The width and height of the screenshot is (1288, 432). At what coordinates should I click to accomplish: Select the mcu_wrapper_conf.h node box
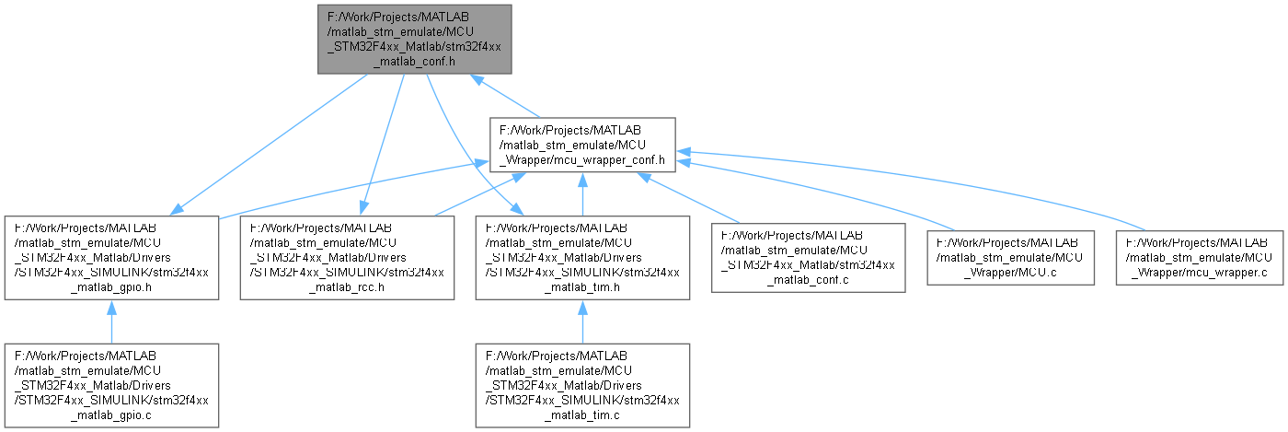(584, 143)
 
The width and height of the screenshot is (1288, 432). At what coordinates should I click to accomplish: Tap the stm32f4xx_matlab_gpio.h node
(110, 257)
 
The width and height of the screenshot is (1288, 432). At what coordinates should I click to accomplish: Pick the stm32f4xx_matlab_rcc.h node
(347, 257)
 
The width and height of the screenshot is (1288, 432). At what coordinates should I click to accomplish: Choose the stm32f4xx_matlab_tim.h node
(581, 257)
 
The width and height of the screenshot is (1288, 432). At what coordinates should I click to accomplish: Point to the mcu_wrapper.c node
(1199, 257)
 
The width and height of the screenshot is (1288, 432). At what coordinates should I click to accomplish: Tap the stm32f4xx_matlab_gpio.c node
(110, 385)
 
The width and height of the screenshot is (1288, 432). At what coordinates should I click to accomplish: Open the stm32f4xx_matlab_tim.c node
(581, 385)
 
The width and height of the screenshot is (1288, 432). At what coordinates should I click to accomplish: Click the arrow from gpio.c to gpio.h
(110, 321)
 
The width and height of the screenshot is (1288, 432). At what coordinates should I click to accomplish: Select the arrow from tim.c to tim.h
(581, 321)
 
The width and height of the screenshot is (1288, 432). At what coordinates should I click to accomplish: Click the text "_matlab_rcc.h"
(347, 286)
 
